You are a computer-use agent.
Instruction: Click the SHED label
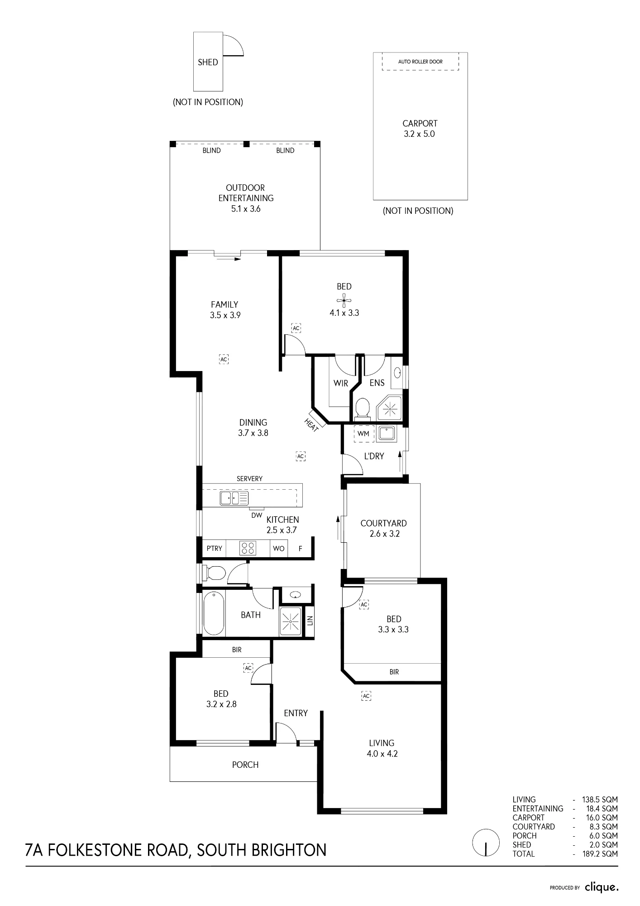point(208,63)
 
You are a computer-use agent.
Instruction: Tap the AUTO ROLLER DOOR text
point(420,62)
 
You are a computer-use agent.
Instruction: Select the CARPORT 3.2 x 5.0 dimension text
point(420,134)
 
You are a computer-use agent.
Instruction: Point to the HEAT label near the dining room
point(311,425)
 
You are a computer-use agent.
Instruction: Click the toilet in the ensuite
point(362,407)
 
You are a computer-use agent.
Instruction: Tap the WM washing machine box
point(363,434)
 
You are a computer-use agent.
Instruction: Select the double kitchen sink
point(234,498)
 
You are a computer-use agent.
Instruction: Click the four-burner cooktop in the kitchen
point(248,548)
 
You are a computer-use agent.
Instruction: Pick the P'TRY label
point(215,549)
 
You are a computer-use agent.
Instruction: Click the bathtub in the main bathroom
point(214,614)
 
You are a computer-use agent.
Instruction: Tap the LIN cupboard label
point(310,620)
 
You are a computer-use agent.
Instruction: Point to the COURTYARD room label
point(383,523)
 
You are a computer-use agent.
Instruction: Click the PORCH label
point(245,765)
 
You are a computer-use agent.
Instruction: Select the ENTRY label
point(296,713)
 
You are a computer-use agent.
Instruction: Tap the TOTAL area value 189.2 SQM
point(600,854)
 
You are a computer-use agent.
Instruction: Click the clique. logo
point(602,887)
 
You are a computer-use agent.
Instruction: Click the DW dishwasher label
point(257,515)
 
